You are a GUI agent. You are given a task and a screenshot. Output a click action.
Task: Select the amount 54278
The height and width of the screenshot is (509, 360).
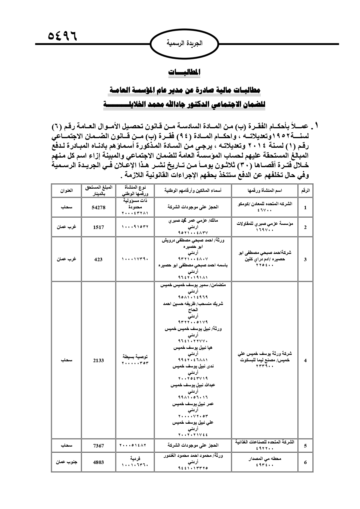pos(99,207)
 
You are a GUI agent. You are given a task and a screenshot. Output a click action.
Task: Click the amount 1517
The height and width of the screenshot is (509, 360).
pos(98,227)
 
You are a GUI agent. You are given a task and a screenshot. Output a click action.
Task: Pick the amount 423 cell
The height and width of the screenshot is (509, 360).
pos(98,259)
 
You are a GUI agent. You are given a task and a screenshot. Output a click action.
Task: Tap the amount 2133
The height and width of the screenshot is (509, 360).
pos(98,360)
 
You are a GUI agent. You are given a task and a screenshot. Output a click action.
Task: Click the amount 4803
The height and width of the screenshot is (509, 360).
pos(98,462)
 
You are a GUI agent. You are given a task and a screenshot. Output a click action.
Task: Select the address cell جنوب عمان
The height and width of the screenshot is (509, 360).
pos(66,462)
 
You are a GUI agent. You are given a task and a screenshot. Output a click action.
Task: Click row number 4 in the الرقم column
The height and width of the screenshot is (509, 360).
pos(305,360)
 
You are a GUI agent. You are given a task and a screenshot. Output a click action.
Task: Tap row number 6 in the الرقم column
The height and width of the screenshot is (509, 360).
pos(305,462)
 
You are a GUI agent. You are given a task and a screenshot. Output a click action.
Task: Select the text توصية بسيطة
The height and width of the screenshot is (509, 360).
pos(135,356)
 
